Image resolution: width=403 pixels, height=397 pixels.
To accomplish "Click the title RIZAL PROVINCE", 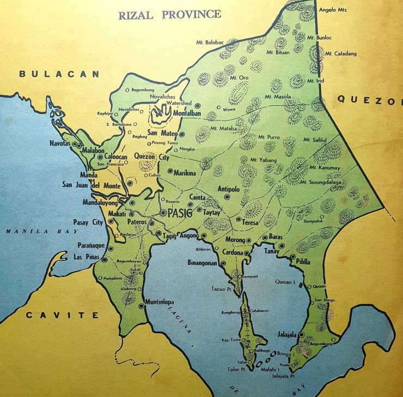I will [x=170, y=14].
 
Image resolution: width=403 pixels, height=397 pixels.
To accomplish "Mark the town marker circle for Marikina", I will [x=170, y=171].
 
